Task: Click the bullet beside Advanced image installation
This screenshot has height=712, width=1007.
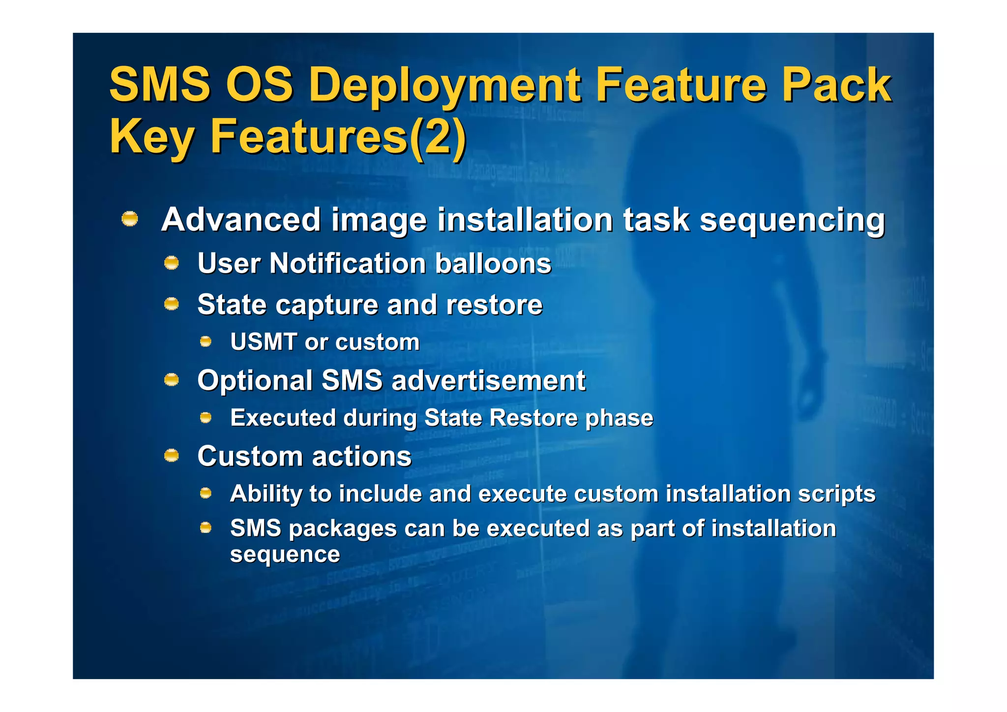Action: [130, 218]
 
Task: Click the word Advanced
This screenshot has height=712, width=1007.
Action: [241, 219]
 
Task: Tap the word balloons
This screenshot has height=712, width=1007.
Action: [493, 263]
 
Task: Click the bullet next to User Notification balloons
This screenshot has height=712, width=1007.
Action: [171, 263]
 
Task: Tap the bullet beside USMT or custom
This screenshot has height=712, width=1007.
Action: [206, 341]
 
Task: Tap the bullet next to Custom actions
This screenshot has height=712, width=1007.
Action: [171, 456]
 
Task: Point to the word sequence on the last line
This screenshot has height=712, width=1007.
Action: [285, 555]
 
